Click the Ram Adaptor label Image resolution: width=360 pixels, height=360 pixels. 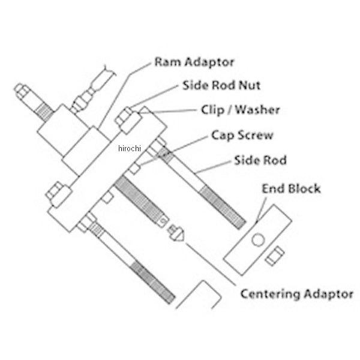[x=194, y=62]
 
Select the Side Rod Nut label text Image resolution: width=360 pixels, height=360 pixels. [x=221, y=85]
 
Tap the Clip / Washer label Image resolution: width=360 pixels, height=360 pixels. [x=241, y=110]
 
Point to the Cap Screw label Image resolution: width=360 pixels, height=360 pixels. [x=242, y=135]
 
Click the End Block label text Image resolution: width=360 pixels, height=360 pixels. [x=291, y=189]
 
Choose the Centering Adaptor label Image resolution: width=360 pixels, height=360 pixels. [x=296, y=294]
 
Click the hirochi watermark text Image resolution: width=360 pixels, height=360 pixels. [x=130, y=148]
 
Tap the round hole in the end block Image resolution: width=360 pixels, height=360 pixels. [x=258, y=240]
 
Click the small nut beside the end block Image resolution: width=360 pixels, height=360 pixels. [x=275, y=256]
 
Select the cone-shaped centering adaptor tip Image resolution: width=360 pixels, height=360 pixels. [x=176, y=233]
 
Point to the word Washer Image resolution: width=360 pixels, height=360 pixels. [x=257, y=110]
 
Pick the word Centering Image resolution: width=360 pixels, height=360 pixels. [x=271, y=294]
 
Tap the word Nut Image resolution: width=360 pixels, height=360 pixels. [x=250, y=85]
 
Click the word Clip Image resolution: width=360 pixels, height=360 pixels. [x=212, y=110]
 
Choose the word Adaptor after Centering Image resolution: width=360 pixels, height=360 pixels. [x=329, y=295]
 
